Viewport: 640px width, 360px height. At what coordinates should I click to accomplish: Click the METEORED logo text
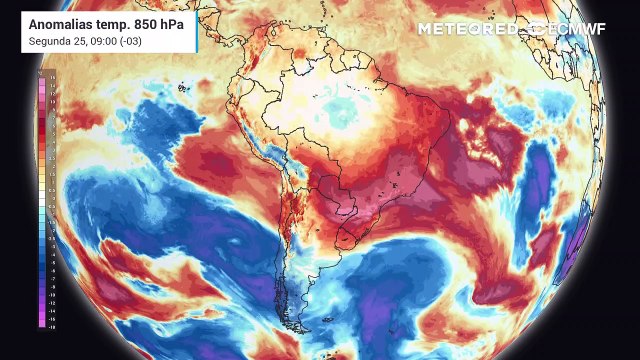466,29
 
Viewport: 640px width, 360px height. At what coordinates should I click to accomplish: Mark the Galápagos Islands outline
183,89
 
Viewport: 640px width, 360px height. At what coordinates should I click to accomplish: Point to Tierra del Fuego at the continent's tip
297,327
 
